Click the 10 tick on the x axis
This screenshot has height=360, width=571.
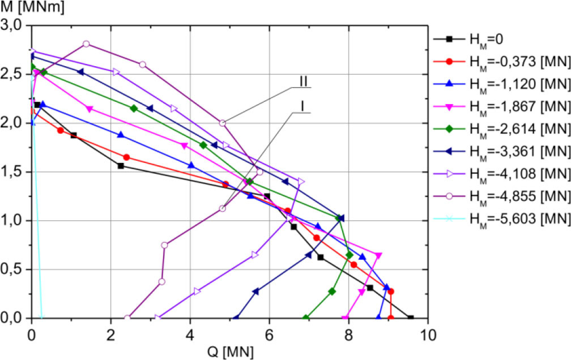click(428, 335)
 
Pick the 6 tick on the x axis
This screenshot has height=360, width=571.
click(270, 335)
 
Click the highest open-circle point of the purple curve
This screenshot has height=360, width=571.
click(86, 44)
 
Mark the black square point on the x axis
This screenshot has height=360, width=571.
click(411, 318)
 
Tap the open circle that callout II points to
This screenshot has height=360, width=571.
click(223, 123)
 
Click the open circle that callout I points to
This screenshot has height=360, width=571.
click(223, 208)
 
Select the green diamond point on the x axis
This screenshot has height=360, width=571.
click(306, 318)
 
